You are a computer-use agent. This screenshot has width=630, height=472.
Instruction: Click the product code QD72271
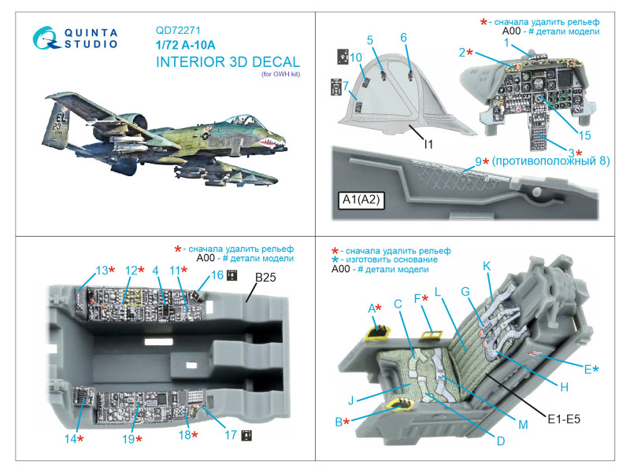[178, 34]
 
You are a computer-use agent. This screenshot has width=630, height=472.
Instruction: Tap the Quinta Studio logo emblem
[46, 39]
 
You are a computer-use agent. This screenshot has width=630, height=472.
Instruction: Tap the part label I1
[428, 144]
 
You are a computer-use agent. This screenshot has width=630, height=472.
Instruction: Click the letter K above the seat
[486, 266]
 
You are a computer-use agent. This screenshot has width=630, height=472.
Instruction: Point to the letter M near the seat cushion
[522, 425]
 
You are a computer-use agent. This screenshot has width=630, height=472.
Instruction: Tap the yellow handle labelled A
[380, 331]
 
